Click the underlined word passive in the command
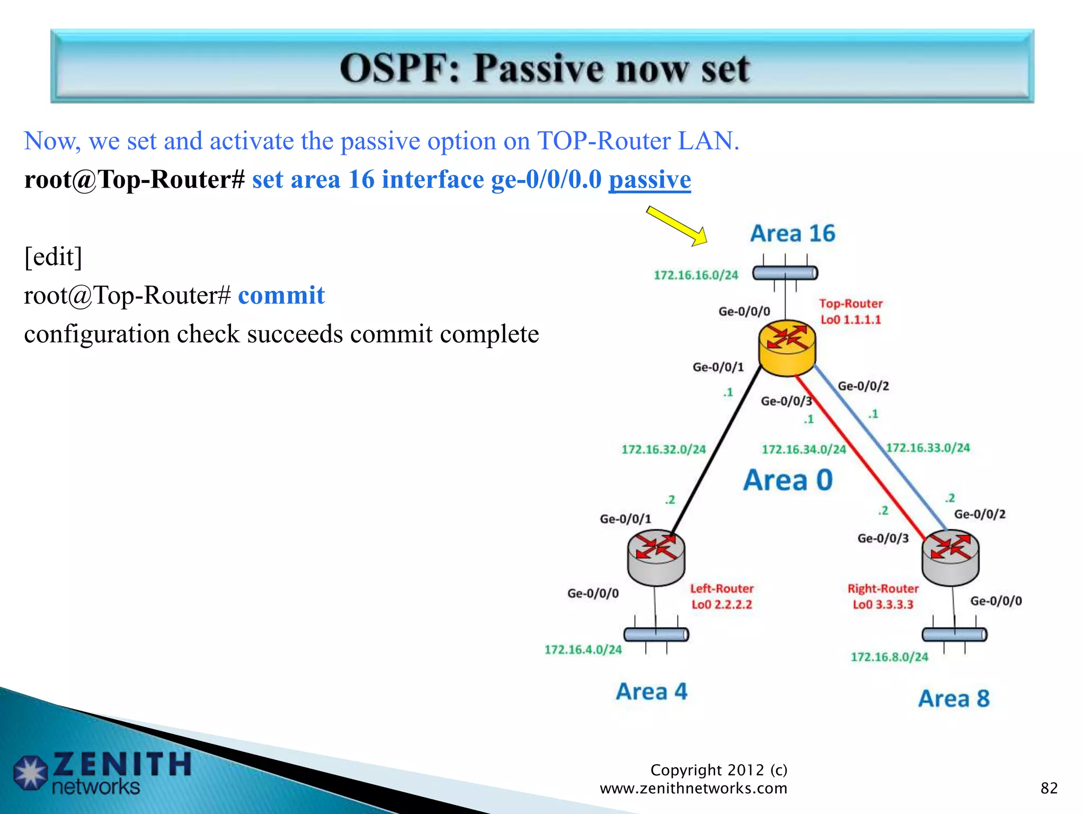coord(650,180)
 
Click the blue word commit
coord(281,296)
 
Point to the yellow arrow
coord(677,226)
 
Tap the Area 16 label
coord(793,234)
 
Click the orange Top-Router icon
coord(787,347)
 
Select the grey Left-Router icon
coord(656,557)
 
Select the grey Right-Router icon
coord(950,557)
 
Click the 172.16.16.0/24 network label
coord(696,275)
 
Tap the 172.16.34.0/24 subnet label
coord(804,449)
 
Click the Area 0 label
coord(788,480)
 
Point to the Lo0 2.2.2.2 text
coord(722,605)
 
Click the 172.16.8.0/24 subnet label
coord(889,657)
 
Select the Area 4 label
coord(651,692)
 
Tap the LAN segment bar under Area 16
coord(785,273)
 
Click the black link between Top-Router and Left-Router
coord(715,450)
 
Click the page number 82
coord(1048,788)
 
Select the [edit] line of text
coord(53,257)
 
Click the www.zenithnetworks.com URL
coord(693,789)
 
